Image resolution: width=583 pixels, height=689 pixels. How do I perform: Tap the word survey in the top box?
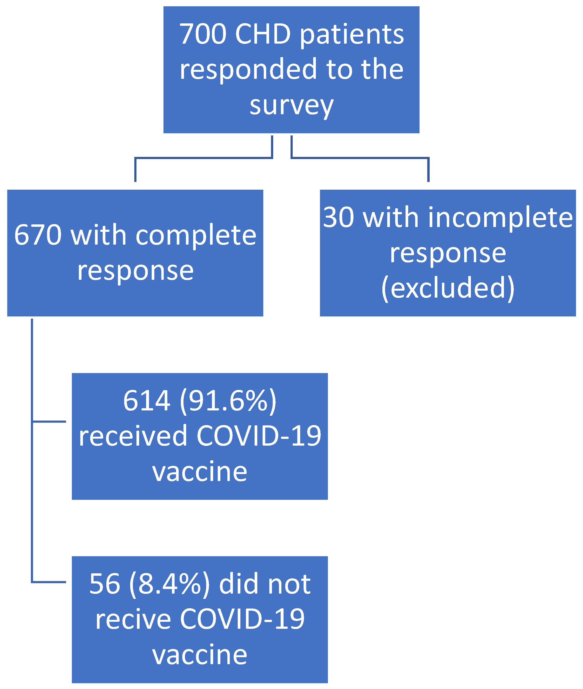click(291, 106)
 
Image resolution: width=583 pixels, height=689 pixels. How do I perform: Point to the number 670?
click(38, 235)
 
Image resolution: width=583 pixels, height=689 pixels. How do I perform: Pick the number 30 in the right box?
click(339, 217)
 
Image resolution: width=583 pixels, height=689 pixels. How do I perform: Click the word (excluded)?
click(448, 288)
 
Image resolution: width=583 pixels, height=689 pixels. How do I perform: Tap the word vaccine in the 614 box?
click(200, 471)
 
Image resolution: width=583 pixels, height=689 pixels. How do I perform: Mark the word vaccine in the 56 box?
click(200, 654)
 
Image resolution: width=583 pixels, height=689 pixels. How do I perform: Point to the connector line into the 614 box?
click(50, 421)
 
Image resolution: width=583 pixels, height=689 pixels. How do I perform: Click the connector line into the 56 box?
click(50, 582)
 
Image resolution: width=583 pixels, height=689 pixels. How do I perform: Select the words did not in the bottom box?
click(265, 584)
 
